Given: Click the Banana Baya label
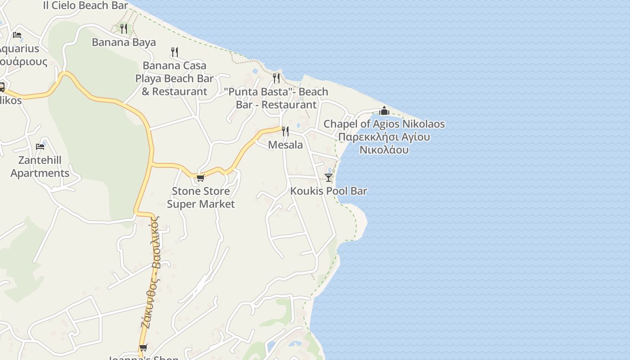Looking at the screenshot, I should coord(124,42).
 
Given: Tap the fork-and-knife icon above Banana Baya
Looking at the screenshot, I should coord(124,29).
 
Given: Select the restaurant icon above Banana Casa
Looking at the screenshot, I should coord(175,52).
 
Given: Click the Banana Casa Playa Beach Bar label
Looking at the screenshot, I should coord(175,78).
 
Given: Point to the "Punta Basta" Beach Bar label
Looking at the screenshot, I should coord(276,98).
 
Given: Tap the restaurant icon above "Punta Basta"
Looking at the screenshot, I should coord(276,78).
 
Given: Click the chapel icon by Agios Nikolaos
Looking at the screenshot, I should coord(384,111).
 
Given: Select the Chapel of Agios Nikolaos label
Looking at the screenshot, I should coord(384,124).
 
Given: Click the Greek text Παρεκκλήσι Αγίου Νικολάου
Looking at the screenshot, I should coord(384,143).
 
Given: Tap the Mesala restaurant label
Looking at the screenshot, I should coord(285,145).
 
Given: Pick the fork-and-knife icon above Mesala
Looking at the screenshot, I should coord(285,131).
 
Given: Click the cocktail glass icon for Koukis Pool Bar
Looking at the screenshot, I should coord(328,178).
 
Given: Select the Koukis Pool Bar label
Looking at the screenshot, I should coord(328,191).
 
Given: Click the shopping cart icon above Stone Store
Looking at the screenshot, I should coord(201,178).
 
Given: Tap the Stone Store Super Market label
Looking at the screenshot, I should coord(201,198).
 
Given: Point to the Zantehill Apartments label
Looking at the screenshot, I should coord(40,166).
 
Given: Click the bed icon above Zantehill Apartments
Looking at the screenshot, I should coord(40,146).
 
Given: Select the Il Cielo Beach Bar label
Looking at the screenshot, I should coord(85,5).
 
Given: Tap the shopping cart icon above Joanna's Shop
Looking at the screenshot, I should coord(144,347).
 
